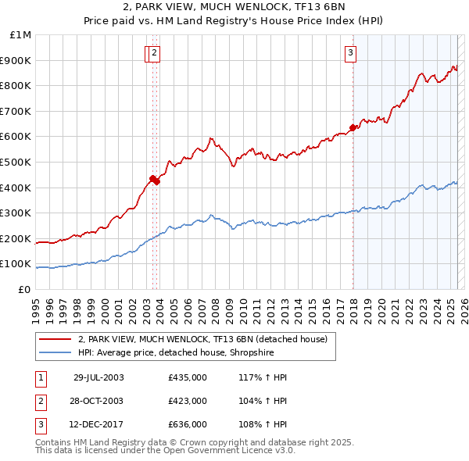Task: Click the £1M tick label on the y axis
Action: (21, 35)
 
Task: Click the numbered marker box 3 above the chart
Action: (350, 53)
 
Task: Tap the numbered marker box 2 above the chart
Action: (155, 53)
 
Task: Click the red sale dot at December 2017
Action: (353, 127)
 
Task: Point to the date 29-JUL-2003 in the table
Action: (98, 377)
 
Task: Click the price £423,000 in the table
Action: (187, 401)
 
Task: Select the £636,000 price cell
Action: (187, 424)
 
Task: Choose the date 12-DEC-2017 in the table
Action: (98, 424)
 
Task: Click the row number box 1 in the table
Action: (41, 377)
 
